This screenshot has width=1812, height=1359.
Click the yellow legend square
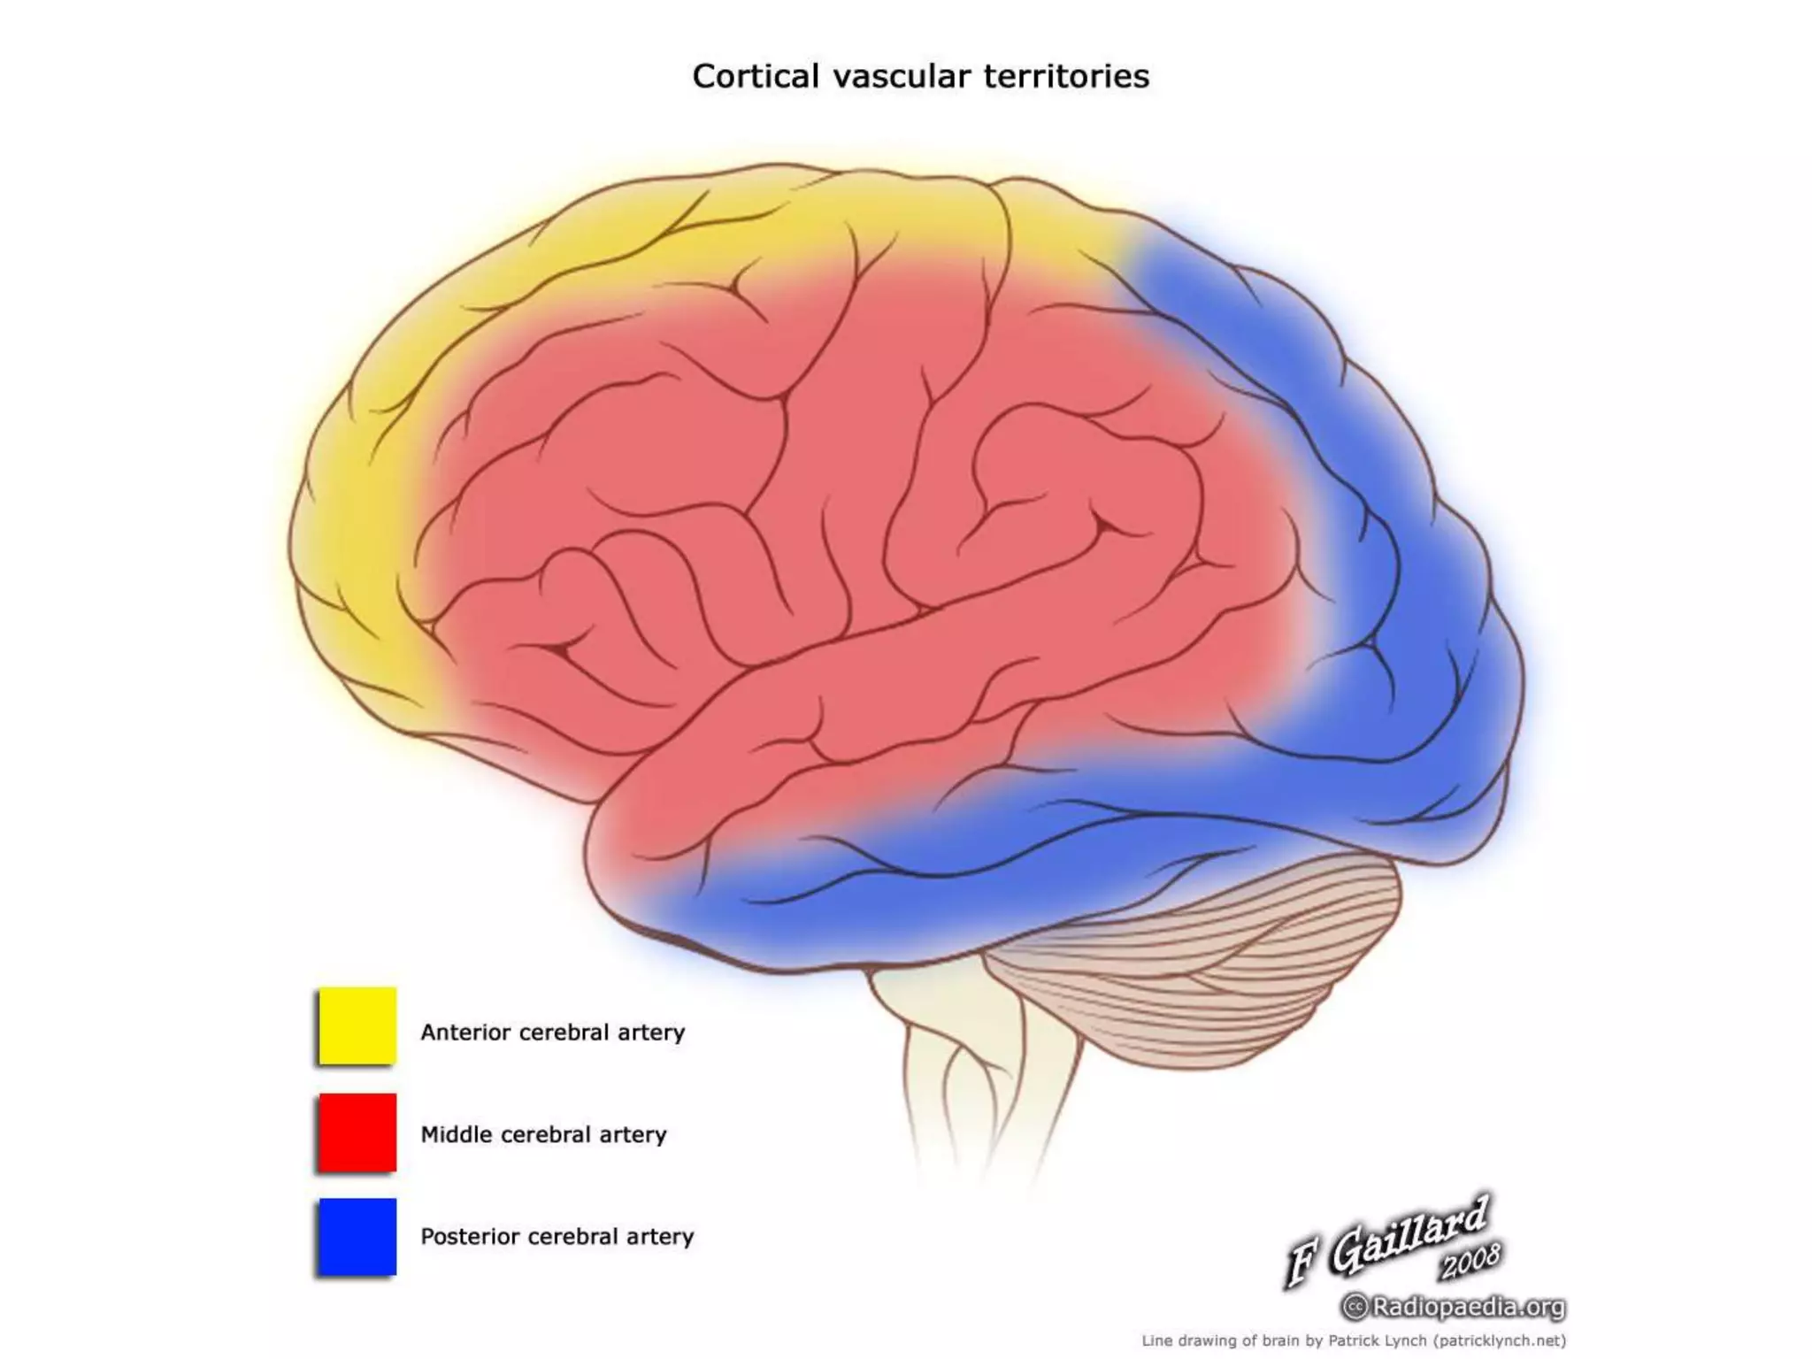357,1025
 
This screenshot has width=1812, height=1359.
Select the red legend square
357,1132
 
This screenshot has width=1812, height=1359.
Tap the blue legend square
357,1236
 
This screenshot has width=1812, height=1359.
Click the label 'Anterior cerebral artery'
552,1033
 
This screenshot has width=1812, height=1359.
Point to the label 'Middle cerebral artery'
543,1134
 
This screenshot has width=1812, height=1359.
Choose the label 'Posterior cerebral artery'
557,1236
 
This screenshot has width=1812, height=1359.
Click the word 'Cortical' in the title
756,77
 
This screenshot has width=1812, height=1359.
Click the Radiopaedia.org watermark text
1469,1306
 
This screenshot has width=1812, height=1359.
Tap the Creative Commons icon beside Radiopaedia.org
1355,1306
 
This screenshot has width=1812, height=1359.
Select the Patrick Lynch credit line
1354,1340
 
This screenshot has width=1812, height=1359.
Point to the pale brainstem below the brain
956,1044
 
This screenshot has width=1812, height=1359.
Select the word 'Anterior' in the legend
465,1033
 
